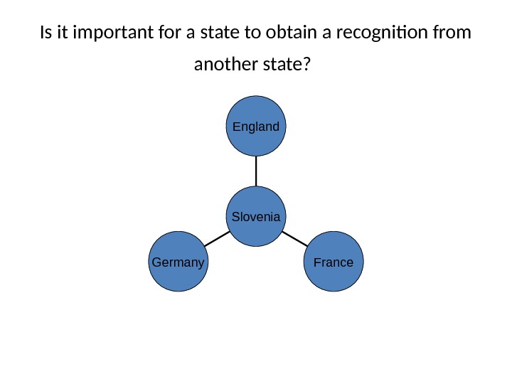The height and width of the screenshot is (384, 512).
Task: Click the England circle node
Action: [256, 127]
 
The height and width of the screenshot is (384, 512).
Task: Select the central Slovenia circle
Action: [256, 216]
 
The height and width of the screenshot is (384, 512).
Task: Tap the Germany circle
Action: [178, 262]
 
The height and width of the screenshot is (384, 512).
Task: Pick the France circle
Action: [334, 262]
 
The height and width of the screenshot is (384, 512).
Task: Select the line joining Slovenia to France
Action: [294, 238]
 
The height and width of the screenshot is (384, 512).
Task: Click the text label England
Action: [256, 127]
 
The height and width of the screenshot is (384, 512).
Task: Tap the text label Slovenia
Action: [256, 216]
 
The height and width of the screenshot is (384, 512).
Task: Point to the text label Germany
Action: [178, 262]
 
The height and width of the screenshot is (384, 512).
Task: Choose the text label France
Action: [334, 262]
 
